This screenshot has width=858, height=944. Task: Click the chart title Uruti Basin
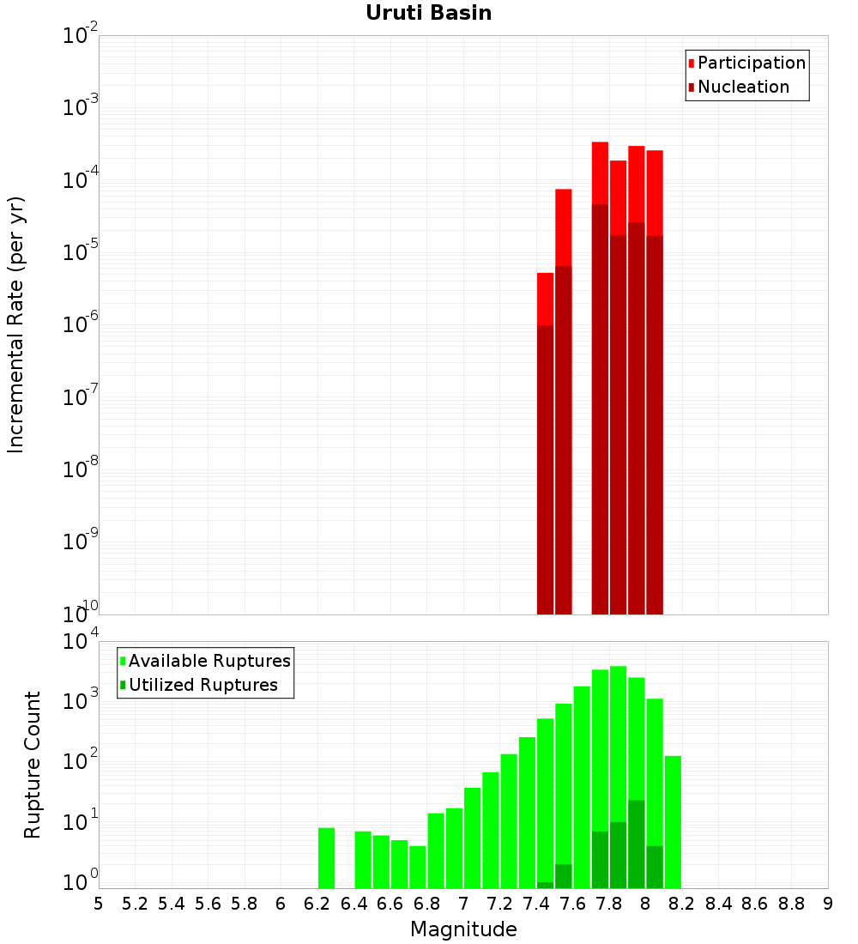pyautogui.click(x=428, y=13)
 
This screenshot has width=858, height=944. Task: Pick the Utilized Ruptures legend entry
pyautogui.click(x=202, y=685)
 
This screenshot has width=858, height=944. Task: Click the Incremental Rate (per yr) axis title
pyautogui.click(x=16, y=325)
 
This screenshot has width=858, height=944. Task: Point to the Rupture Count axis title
pyautogui.click(x=33, y=765)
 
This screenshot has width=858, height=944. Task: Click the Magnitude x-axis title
pyautogui.click(x=463, y=929)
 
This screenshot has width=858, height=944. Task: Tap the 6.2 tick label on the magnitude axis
pyautogui.click(x=317, y=904)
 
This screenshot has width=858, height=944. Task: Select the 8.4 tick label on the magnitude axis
pyautogui.click(x=718, y=904)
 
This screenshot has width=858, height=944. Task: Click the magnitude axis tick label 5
pyautogui.click(x=99, y=904)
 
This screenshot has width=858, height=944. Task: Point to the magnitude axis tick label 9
pyautogui.click(x=828, y=904)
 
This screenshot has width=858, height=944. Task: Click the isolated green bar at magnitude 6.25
pyautogui.click(x=326, y=858)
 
